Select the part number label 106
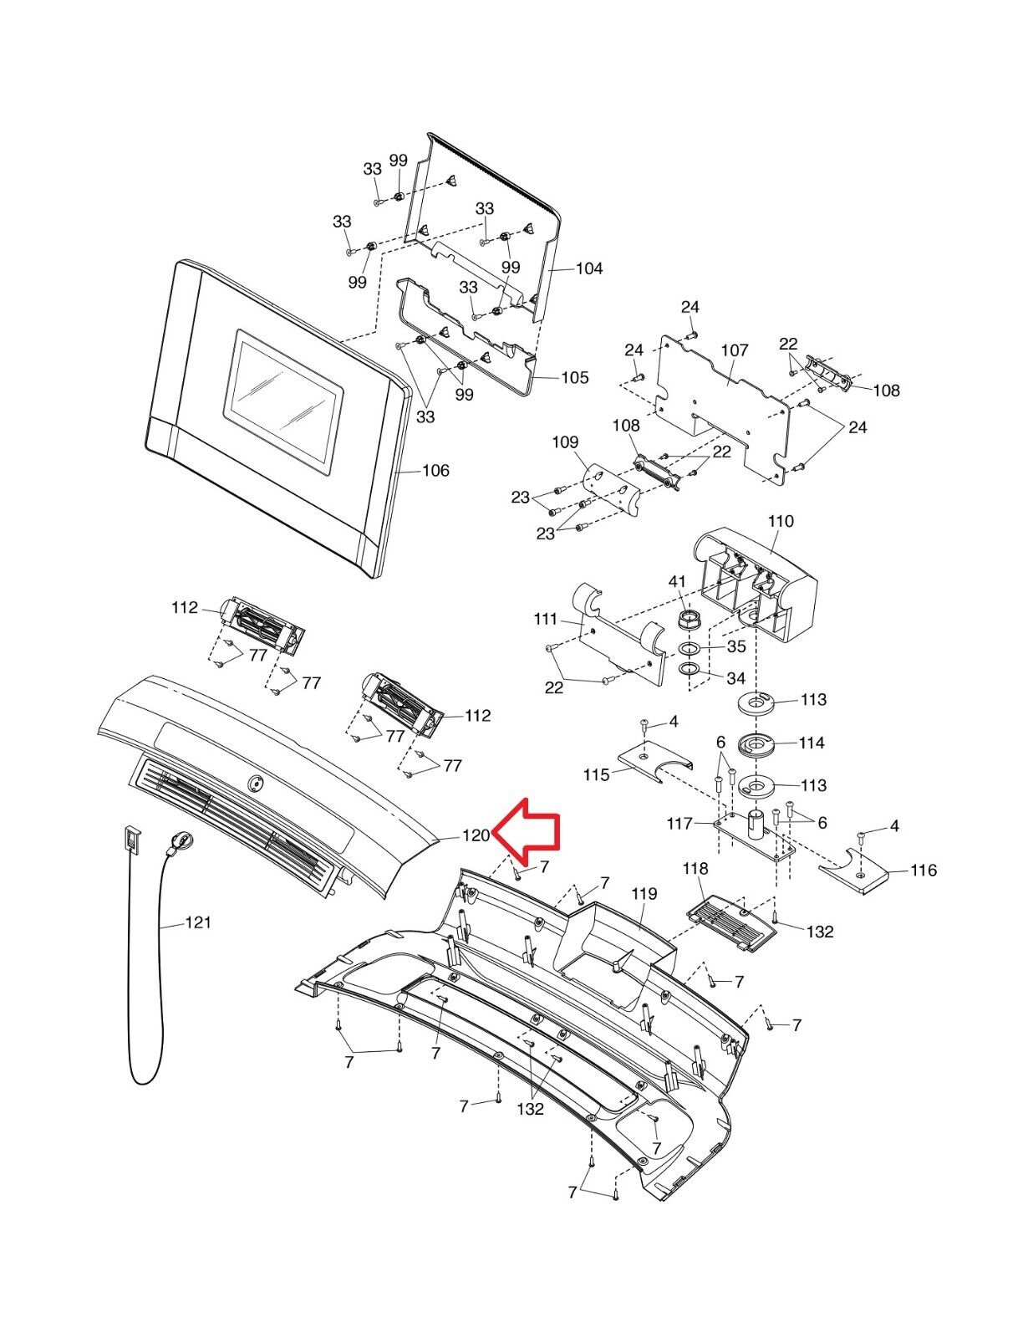tap(435, 470)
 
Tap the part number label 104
tap(588, 268)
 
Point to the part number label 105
tap(574, 377)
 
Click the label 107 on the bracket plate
tap(735, 350)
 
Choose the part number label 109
tap(565, 442)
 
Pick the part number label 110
tap(780, 521)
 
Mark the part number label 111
tap(546, 620)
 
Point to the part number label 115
tap(597, 775)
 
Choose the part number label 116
tap(924, 871)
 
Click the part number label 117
tap(680, 824)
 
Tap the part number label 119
tap(644, 894)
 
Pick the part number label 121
tap(198, 922)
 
